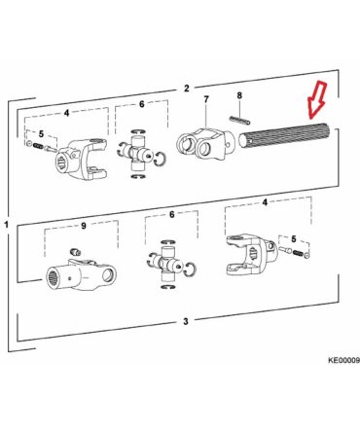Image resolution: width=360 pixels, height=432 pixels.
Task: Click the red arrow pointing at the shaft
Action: pos(317,99)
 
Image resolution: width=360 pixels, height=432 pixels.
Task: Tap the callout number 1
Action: pos(6,225)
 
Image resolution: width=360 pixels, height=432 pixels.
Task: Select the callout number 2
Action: pos(186,89)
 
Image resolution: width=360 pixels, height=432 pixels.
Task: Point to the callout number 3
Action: pos(186,321)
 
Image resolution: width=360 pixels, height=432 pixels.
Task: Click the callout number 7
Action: pos(206,99)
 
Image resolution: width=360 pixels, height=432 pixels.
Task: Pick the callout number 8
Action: pos(239,95)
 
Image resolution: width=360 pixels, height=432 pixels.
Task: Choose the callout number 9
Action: pos(84,226)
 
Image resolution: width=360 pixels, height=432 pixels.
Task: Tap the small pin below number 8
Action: pos(239,120)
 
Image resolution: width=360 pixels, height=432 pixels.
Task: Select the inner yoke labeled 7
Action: pos(204,143)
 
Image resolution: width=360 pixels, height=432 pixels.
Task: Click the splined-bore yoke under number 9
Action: pos(81,274)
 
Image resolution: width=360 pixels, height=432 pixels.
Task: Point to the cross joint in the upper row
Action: pos(139,154)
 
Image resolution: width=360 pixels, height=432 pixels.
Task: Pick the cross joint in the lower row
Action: pos(170,264)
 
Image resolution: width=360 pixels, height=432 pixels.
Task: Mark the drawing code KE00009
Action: pos(343,360)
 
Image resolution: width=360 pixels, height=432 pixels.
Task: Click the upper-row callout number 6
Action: pos(142,104)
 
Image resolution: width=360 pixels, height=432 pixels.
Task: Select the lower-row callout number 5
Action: pos(294,239)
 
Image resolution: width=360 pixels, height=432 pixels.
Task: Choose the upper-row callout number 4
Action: pos(66,113)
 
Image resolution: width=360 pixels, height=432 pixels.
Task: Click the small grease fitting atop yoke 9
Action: pos(75,251)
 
